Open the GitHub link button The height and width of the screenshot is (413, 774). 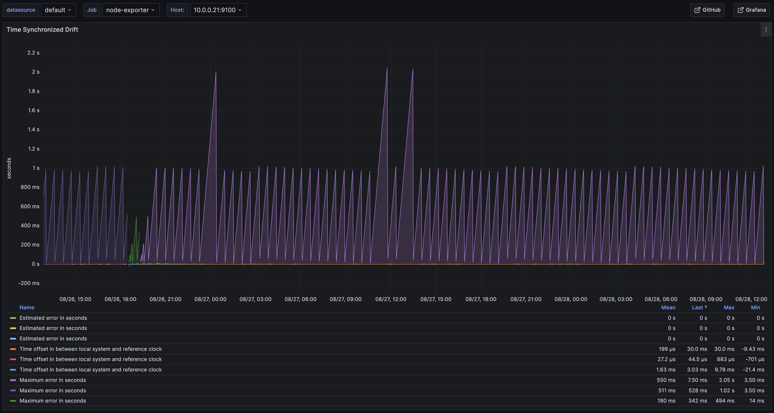click(707, 10)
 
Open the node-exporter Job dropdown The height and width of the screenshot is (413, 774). click(131, 10)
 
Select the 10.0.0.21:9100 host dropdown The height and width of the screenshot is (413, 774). click(218, 10)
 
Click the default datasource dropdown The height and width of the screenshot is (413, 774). click(58, 10)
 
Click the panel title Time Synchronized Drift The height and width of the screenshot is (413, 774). click(42, 29)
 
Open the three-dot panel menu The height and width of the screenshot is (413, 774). click(766, 29)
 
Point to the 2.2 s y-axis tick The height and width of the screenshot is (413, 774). click(33, 53)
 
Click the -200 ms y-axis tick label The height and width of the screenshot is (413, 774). click(29, 283)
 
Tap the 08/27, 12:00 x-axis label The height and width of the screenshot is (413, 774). click(391, 299)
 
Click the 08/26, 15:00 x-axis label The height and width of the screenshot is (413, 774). click(75, 299)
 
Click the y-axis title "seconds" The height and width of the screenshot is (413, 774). click(9, 168)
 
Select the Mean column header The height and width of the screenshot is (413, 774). click(668, 307)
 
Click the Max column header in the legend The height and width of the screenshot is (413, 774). click(729, 307)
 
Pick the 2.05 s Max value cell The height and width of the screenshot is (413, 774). click(727, 380)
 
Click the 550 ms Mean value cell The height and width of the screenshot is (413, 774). click(666, 380)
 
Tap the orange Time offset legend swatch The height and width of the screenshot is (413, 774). click(13, 349)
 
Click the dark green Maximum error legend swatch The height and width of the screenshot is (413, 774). click(13, 401)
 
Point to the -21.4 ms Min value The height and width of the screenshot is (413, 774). click(753, 370)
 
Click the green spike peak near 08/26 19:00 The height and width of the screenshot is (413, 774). click(136, 217)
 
